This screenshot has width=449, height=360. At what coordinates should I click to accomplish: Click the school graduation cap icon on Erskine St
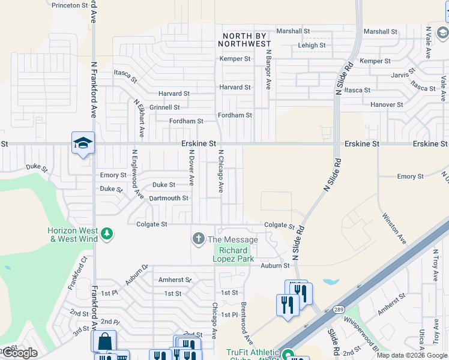[83, 143]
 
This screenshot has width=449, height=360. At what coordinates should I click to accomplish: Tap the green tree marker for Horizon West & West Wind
[107, 233]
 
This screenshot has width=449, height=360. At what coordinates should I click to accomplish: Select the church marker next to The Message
[198, 239]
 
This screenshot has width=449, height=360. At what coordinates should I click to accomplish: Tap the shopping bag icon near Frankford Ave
[104, 341]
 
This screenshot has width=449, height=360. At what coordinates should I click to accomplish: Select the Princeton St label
[70, 5]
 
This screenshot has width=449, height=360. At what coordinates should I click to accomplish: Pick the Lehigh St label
[312, 45]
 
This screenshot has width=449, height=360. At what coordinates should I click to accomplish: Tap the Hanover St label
[387, 104]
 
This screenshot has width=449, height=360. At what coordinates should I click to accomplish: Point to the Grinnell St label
[164, 107]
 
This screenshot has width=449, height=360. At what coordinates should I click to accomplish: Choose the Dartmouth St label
[169, 198]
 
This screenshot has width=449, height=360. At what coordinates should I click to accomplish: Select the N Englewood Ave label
[137, 174]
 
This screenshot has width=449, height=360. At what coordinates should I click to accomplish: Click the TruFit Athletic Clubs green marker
[288, 355]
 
